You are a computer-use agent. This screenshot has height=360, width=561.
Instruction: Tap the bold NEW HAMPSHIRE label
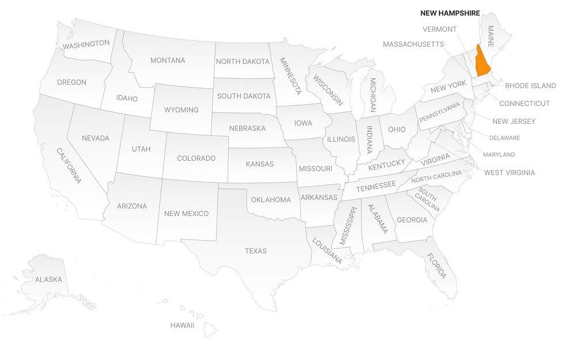point(450,13)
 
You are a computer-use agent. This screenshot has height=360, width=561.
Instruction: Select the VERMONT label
point(439,29)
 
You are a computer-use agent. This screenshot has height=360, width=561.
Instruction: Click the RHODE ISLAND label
point(530,86)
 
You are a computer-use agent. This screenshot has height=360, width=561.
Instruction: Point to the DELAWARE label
point(504,138)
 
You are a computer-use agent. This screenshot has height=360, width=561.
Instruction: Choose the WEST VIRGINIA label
point(509,172)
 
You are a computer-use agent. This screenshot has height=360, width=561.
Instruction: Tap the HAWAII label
point(182,325)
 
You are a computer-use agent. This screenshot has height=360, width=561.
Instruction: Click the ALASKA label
point(48,279)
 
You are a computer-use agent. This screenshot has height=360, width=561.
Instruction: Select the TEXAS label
point(256,251)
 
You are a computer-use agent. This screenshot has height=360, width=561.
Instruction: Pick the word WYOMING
point(181,109)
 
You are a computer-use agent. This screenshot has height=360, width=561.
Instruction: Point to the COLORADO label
point(196,158)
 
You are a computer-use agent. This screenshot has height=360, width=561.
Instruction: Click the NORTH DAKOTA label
point(242,62)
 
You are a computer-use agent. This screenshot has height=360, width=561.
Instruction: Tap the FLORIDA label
point(436,266)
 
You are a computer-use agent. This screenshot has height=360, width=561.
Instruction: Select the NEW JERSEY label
point(514,121)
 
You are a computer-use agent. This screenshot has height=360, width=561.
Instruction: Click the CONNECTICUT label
point(524,104)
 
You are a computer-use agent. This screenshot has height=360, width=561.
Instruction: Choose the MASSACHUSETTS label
point(413,44)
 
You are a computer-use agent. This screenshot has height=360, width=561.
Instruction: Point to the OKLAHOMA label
point(271,200)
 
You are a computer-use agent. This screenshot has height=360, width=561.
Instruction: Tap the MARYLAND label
point(499,154)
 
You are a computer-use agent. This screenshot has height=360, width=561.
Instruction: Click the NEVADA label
point(96,138)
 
